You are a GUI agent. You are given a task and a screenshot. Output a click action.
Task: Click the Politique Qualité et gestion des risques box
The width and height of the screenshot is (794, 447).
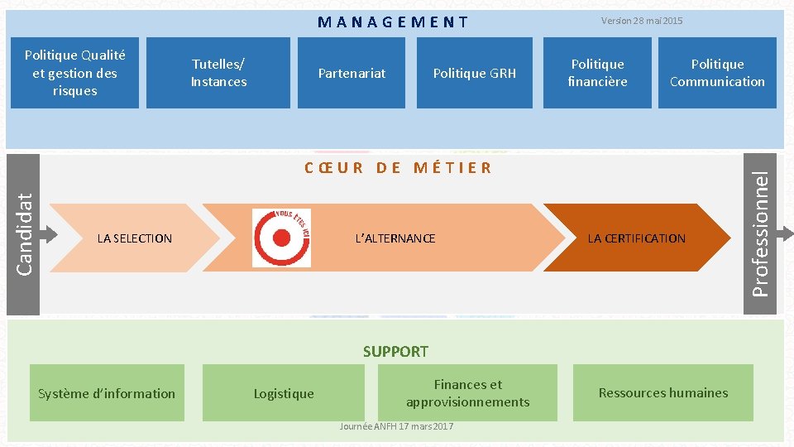pos(75,73)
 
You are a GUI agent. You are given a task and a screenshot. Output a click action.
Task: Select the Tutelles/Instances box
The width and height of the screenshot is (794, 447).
pos(218,73)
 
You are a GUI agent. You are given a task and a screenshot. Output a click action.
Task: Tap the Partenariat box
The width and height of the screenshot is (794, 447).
pos(352,73)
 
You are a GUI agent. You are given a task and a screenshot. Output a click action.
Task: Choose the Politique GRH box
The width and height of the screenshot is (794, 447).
pos(474,73)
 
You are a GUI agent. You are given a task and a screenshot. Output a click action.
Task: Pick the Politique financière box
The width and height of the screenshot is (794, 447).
pos(597,73)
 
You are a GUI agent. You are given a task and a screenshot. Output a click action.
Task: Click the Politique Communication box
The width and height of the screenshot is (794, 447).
pos(717,73)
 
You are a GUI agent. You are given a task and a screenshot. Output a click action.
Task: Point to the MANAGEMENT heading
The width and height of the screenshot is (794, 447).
pos(393,22)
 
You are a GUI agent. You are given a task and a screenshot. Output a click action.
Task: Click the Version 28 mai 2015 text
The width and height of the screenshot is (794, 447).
pos(642,21)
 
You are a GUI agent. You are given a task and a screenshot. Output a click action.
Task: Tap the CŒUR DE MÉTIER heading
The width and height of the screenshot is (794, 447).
pos(398,168)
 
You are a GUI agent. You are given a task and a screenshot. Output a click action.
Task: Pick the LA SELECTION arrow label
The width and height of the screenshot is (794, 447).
pos(134,238)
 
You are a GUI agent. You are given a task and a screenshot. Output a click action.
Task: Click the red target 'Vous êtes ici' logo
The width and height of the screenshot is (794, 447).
pos(281,238)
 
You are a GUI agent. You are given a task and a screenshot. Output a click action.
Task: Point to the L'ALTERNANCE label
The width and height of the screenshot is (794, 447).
pos(395,238)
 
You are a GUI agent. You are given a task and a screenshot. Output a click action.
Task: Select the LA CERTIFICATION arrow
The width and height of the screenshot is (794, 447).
pos(636,238)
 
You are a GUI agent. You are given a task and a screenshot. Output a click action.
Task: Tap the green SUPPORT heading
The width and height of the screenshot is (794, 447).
pos(395,352)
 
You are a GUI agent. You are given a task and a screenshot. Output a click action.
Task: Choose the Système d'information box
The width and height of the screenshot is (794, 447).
pos(107,393)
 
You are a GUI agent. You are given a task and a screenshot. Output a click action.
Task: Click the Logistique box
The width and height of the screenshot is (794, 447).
pos(284,393)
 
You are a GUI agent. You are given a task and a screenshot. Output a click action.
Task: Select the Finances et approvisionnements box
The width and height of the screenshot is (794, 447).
pos(467,393)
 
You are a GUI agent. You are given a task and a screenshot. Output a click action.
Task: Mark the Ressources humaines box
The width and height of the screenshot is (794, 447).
pos(663,393)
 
